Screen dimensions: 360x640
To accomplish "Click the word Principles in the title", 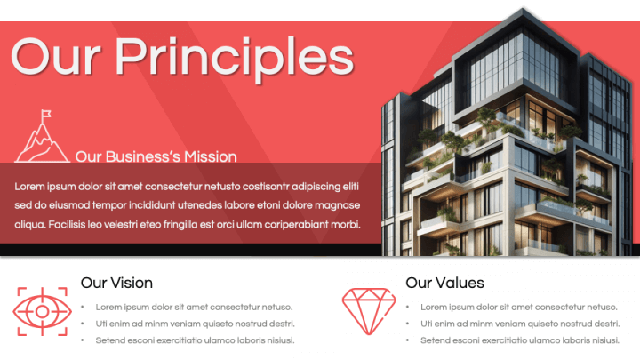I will (235, 57).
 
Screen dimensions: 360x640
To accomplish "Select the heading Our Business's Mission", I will (156, 156).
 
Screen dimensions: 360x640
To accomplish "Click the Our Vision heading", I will (116, 283).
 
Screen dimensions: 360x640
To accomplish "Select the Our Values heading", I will (444, 283).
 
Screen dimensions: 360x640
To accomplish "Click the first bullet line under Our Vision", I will (194, 307).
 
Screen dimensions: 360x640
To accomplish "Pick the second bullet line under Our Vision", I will (195, 324).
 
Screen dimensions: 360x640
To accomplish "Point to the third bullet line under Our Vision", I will (195, 340).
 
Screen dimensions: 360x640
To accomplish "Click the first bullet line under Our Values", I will (519, 307).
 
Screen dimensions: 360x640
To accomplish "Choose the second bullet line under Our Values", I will (520, 324).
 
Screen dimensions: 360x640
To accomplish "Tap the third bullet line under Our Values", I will (520, 340).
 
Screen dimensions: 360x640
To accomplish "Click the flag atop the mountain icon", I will (46, 115).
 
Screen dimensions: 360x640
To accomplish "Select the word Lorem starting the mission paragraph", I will (30, 186).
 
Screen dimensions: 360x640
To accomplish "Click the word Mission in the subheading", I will (211, 156).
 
